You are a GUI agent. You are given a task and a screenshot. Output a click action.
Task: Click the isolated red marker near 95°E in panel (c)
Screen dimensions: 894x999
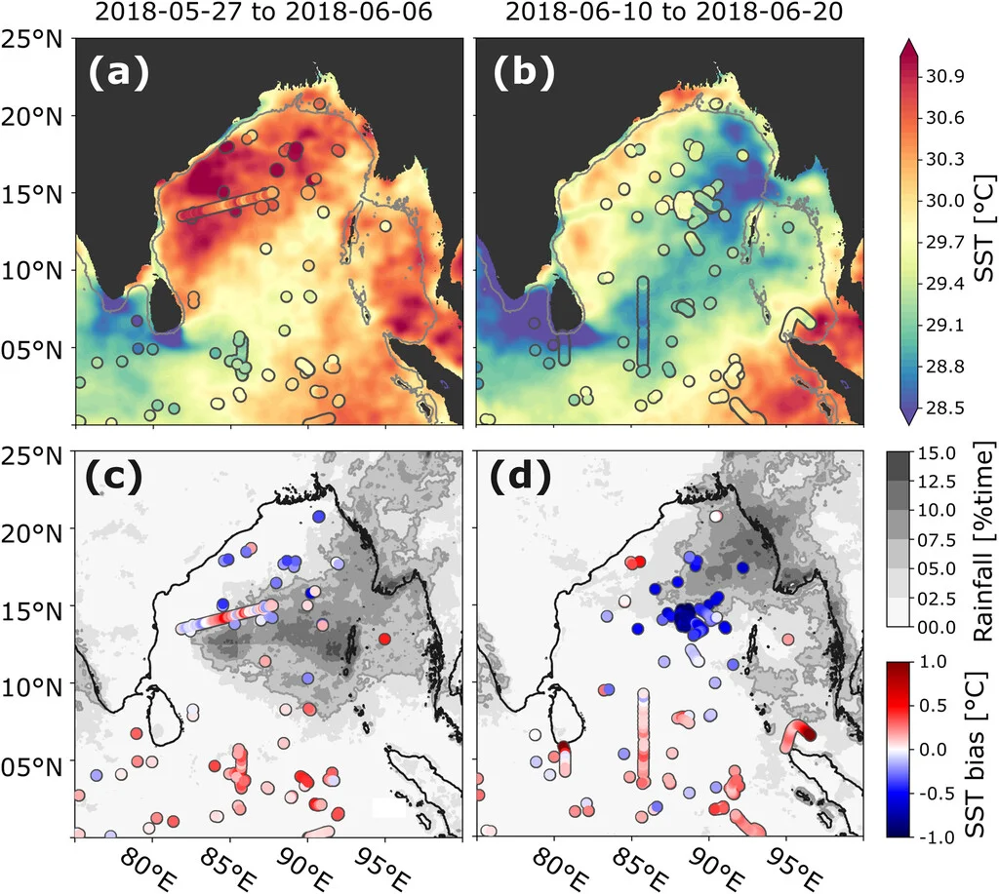click(x=384, y=639)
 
